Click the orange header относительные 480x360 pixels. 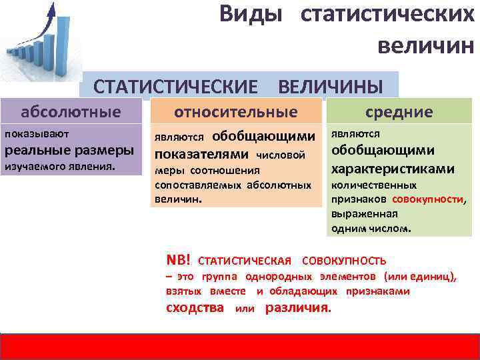[236, 111]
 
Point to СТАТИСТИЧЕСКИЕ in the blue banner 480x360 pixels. [175, 87]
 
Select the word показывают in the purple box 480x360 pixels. [37, 134]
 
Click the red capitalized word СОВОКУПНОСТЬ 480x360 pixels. [343, 260]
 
